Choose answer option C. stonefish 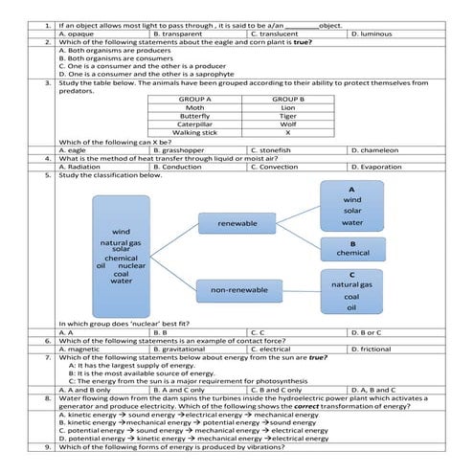(270, 149)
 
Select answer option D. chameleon (379, 149)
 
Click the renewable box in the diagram (237, 224)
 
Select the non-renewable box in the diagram (237, 288)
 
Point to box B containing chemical (351, 248)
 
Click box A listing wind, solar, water (351, 206)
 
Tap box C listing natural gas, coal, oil (351, 290)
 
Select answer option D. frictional (375, 349)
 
